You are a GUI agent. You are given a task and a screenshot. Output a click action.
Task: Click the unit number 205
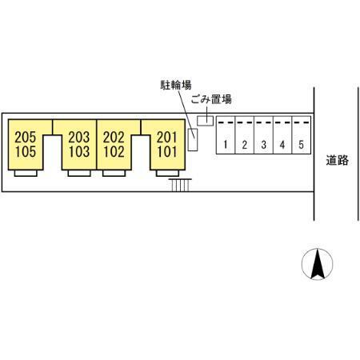26,138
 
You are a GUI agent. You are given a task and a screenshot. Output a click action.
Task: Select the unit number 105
26,152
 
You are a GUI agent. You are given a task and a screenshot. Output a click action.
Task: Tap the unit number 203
79,138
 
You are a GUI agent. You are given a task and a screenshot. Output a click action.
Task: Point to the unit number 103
79,152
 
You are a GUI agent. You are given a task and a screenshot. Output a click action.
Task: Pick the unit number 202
114,138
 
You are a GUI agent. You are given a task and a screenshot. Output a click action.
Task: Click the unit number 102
114,152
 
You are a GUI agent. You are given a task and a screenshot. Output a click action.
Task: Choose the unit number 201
167,138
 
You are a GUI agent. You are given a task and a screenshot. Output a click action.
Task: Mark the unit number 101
167,152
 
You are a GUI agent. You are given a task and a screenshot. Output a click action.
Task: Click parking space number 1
226,145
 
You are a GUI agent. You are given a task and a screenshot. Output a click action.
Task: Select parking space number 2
245,145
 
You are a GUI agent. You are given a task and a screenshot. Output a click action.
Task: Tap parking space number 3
263,145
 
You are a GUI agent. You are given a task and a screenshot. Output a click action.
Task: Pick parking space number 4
282,145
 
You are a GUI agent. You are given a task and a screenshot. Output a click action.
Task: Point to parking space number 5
301,145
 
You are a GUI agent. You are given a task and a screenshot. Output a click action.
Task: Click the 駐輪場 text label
176,85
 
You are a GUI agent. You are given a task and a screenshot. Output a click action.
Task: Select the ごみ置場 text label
211,99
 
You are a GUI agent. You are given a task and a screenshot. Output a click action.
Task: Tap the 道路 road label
337,160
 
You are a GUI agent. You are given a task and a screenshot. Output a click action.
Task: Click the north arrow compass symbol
318,264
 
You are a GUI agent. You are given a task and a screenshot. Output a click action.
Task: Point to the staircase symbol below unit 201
180,185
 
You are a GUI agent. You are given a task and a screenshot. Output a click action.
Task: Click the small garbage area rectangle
205,121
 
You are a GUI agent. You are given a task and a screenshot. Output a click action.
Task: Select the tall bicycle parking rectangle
193,140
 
